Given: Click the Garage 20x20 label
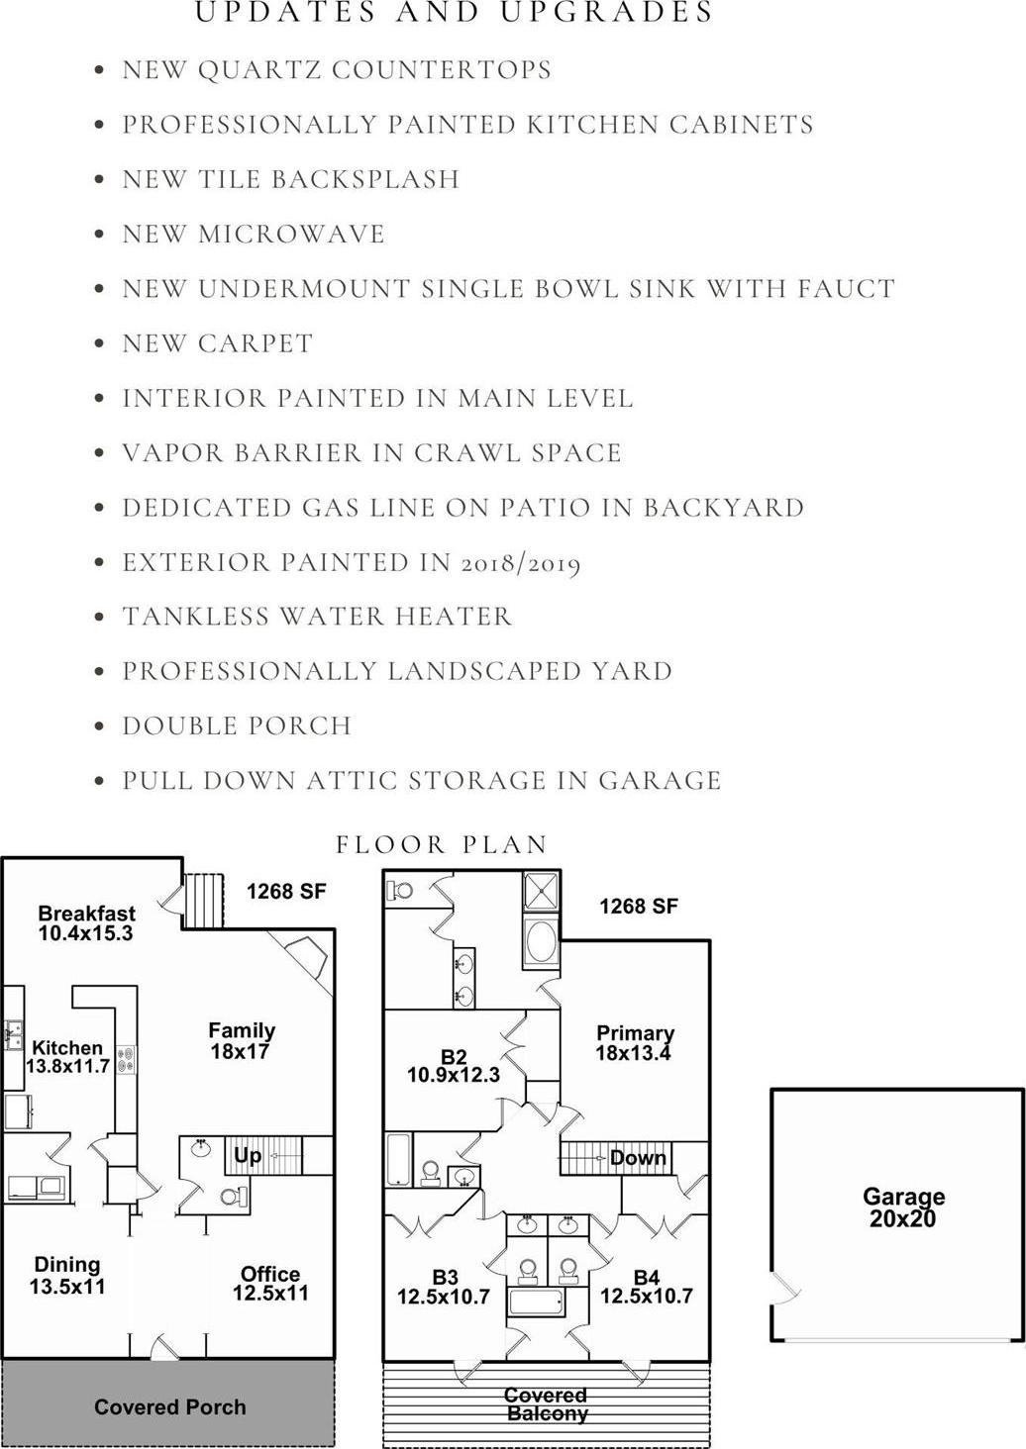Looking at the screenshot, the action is click(x=903, y=1207).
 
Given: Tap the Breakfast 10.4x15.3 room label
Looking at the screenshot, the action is click(x=86, y=923).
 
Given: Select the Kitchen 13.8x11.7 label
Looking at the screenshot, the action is click(x=67, y=1057).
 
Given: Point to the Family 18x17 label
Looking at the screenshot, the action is click(x=242, y=1041).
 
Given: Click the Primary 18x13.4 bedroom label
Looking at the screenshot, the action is click(x=635, y=1043).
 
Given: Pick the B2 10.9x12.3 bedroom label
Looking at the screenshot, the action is click(x=454, y=1066).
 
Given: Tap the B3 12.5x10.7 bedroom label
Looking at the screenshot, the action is click(x=444, y=1288).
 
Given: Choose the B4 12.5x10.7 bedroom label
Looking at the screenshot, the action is click(x=646, y=1288).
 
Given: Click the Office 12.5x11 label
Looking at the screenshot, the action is click(x=270, y=1284).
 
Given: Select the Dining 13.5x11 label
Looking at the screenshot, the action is click(x=66, y=1275).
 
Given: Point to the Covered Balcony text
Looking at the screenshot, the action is click(x=547, y=1403).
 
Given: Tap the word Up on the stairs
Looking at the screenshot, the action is click(x=248, y=1155).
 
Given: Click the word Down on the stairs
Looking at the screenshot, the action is click(x=638, y=1157).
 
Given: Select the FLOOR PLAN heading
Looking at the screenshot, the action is click(x=442, y=845).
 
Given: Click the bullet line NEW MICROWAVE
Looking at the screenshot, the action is click(x=254, y=234).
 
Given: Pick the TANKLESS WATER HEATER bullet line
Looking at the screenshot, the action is click(x=317, y=616).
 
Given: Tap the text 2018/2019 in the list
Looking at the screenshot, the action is click(x=520, y=563).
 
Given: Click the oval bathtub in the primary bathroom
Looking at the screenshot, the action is click(x=541, y=942).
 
